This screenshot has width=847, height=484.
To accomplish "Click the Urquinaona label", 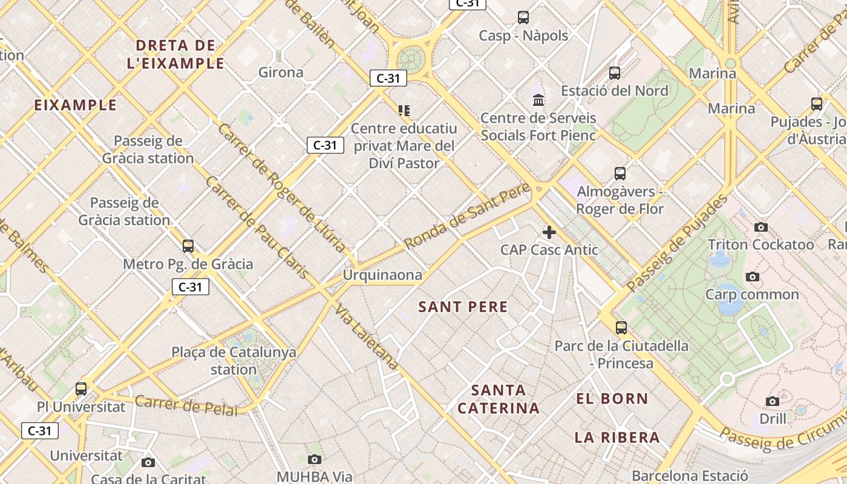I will pos(382,275).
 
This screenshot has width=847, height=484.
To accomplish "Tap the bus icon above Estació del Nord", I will pos(615,73).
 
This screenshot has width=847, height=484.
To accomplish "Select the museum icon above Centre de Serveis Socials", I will pos(538,100).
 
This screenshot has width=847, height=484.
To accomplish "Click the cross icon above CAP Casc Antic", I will pos(549,232).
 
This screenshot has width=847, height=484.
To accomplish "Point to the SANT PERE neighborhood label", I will pos(463,307).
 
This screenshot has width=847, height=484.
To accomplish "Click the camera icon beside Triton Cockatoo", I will pos(761,227).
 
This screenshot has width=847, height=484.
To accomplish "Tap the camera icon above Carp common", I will pos(753,277).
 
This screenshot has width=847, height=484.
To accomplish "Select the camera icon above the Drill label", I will pos(773,401).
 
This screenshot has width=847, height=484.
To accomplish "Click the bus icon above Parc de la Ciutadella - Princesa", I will pos(621,328).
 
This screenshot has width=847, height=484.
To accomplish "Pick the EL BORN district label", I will pos(612,399).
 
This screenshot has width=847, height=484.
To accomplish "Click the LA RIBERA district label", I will pos(617,437).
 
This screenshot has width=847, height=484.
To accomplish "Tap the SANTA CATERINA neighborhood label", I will pos(499,399).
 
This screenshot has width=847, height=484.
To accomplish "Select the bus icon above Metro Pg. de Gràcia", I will pos(188,246).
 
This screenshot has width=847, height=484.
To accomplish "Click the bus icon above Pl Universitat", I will pos(81,389).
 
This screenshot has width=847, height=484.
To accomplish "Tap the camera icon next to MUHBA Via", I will pos(315,460).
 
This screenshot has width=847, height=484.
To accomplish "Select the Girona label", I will pos(281,73).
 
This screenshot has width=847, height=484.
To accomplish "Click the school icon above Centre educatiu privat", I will pos(404,111).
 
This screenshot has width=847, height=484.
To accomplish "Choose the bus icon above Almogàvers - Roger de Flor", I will pos(620,174).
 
